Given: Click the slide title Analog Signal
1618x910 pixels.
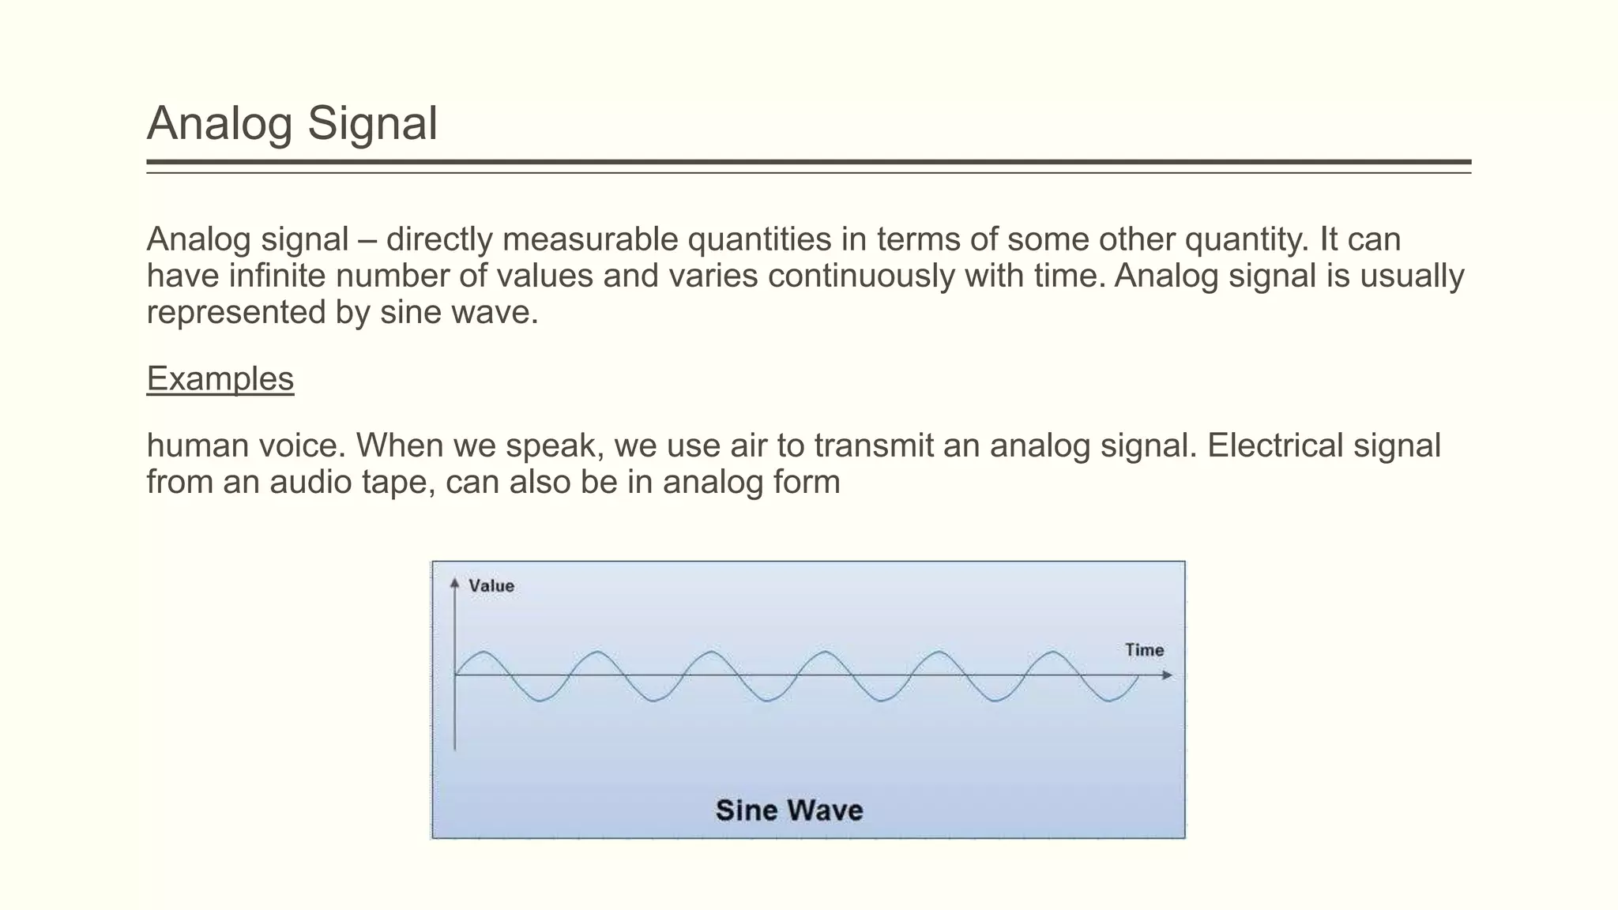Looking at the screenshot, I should point(292,124).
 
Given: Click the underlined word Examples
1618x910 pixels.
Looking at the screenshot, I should point(220,379).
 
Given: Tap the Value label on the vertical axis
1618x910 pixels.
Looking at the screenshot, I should point(491,586).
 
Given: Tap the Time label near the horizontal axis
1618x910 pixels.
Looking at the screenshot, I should point(1144,650).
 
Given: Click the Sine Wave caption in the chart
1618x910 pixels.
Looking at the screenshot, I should point(788,810).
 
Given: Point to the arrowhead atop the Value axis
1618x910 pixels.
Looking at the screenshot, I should point(454,583).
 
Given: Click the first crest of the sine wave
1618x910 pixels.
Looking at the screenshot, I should point(484,652).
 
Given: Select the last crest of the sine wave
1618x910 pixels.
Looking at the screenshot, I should point(1053,652).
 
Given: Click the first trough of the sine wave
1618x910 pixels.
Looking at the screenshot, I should point(540,700).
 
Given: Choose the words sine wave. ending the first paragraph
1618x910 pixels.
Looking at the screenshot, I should point(458,313).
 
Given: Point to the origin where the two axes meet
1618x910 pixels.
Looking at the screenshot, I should point(455,675).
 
